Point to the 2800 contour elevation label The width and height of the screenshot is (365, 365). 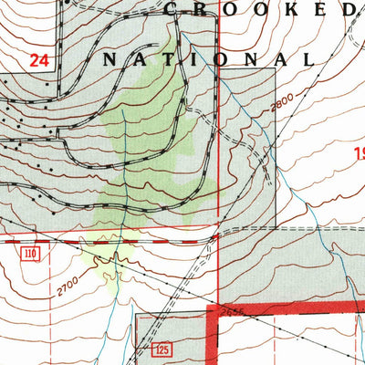click(x=284, y=109)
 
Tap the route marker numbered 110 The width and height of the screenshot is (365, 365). click(x=33, y=251)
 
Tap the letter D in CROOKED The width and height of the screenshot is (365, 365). click(x=348, y=10)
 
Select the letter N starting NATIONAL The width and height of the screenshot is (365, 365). click(x=109, y=59)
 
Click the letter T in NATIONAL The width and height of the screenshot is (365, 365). click(x=173, y=59)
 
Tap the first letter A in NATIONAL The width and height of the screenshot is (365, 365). click(x=141, y=59)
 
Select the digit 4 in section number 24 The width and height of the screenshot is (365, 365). click(x=43, y=61)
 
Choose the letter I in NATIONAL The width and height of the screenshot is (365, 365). click(x=203, y=59)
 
